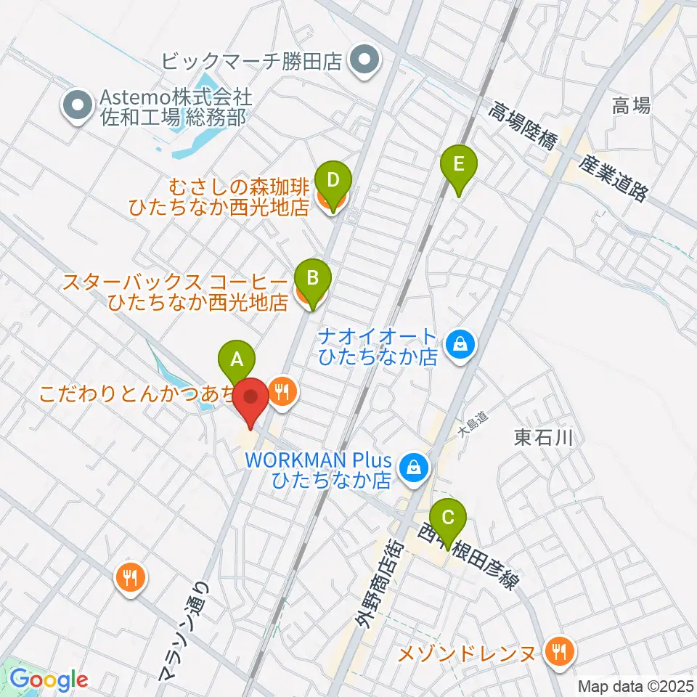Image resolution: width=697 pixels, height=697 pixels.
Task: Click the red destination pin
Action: tap(252, 400)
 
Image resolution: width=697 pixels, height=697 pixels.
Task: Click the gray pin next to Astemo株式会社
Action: tap(77, 107)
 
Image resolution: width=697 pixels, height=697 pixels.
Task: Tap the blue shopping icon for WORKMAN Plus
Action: tap(413, 467)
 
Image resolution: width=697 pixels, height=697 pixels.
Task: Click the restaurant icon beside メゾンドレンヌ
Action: tap(558, 651)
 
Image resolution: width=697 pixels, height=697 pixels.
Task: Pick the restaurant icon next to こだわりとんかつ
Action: tap(282, 393)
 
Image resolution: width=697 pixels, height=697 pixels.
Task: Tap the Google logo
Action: tap(49, 680)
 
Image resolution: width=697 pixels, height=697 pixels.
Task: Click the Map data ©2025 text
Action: tap(635, 685)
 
